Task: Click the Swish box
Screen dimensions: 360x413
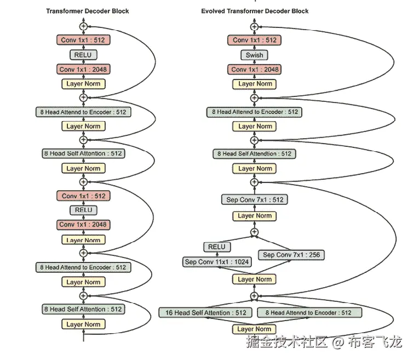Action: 254,55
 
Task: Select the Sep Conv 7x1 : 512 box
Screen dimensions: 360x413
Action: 255,200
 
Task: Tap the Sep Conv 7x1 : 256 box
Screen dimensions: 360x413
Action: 291,255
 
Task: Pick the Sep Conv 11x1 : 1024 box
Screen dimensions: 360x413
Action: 217,262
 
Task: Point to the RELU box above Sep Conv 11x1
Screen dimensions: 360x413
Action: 217,247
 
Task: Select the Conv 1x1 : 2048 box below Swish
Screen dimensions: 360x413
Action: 255,70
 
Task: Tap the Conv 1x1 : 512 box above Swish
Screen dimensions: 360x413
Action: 255,40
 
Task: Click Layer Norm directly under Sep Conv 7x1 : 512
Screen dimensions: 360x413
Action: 255,216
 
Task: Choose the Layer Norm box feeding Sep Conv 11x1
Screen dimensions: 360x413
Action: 255,279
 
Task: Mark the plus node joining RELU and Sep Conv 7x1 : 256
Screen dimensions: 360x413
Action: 254,232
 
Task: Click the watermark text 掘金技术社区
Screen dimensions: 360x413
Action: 286,343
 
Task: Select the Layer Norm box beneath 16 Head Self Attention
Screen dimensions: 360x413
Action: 255,329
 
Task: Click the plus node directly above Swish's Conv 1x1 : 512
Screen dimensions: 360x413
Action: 254,26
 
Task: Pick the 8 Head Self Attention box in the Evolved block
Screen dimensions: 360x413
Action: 255,154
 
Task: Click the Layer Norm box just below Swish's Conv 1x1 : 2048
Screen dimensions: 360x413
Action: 255,84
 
